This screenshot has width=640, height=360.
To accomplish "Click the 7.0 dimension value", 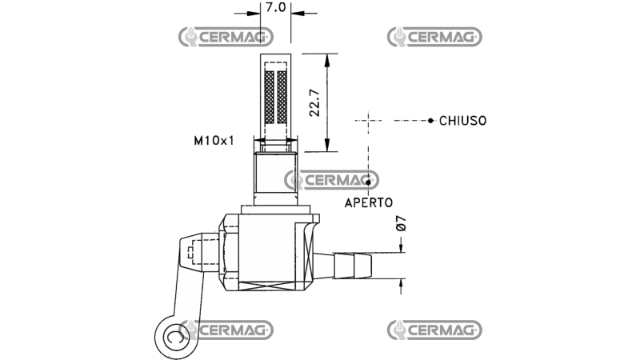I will click(275, 7).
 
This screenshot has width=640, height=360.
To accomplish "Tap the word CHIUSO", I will click(462, 121).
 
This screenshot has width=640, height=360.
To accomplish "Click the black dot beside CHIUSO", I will click(430, 121).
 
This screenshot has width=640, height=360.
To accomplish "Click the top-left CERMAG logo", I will click(226, 36).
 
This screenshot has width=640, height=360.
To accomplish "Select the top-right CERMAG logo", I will click(434, 36).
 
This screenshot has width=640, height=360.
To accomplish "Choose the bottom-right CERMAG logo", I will click(434, 329).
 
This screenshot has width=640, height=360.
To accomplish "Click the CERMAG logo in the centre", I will click(331, 180).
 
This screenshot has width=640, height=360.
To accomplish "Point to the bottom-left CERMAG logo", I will click(226, 329).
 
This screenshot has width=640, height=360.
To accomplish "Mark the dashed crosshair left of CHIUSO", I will click(367, 121).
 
